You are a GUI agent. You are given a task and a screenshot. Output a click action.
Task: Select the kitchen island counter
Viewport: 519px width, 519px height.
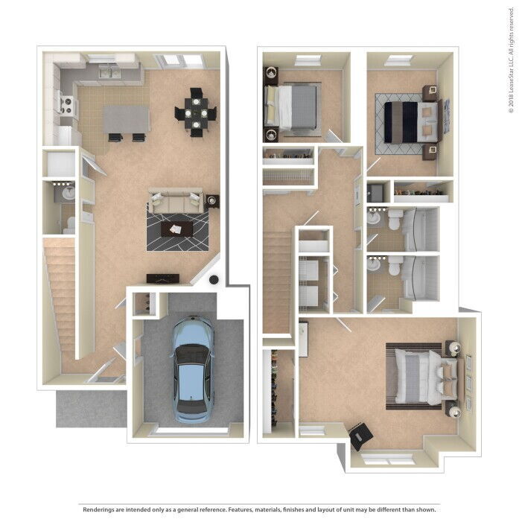pos(126,118)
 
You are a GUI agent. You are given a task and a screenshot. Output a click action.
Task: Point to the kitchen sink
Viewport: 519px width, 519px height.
pos(112,72)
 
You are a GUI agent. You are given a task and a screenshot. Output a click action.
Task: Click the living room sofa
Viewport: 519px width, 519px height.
pos(176,201)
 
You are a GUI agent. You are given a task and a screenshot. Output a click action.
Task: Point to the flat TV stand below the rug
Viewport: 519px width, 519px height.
pos(162,278)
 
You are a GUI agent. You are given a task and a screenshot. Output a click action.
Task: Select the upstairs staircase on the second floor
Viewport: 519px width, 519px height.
pos(276,283)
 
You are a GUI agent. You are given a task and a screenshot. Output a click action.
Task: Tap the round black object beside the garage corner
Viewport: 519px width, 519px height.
pos(214,280)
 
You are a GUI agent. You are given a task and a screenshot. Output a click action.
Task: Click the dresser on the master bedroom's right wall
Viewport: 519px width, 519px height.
pos(468,383)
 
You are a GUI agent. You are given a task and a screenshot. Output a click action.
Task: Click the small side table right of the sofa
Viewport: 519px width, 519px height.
pos(213,200)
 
